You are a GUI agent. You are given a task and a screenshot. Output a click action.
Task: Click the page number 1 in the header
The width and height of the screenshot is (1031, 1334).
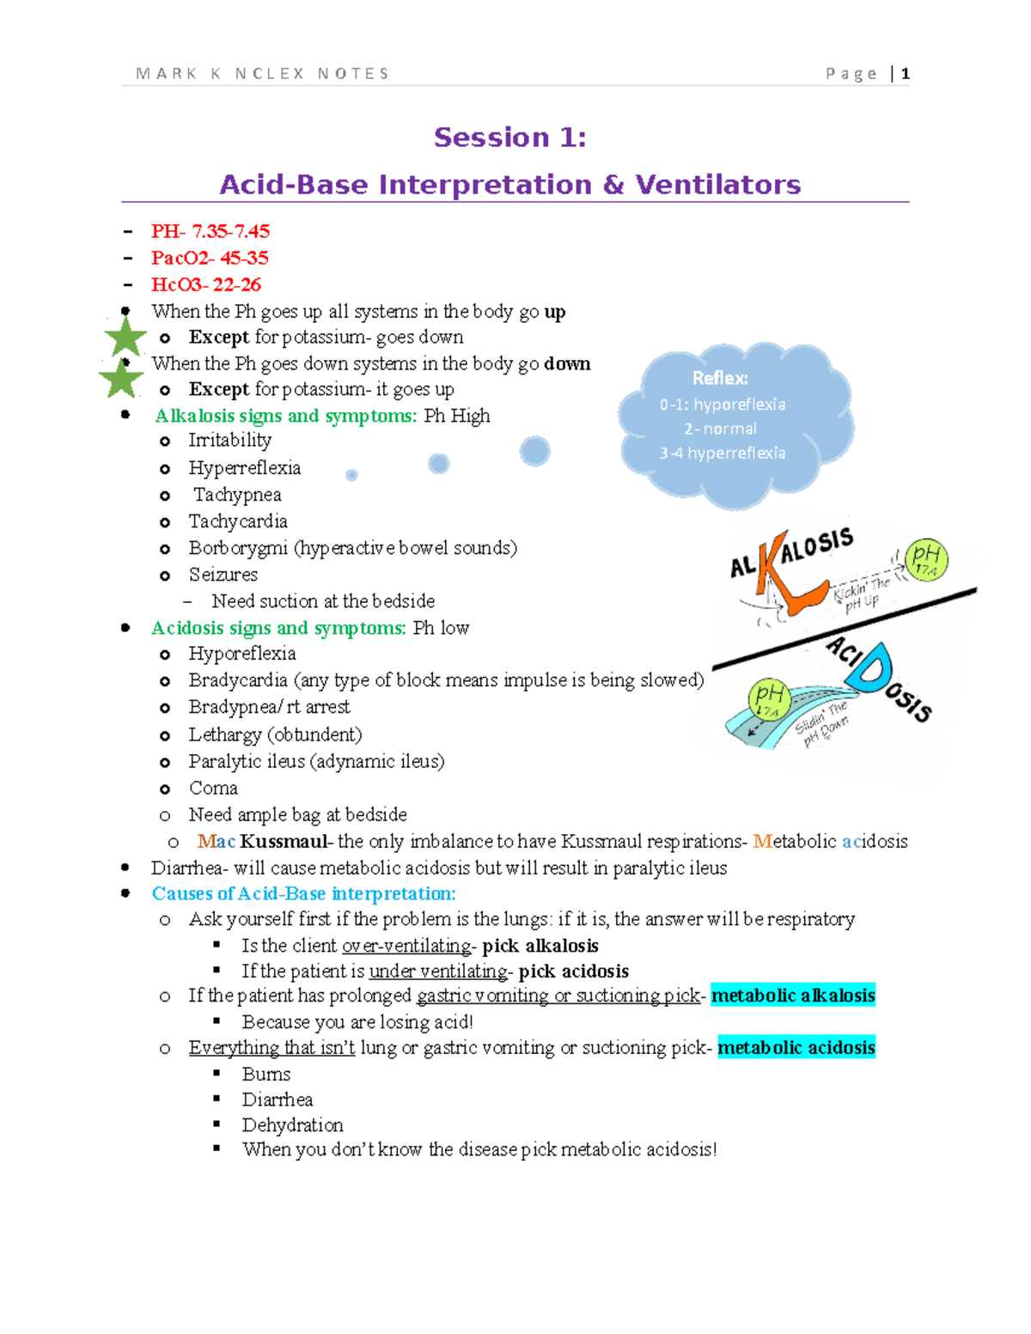coord(906,74)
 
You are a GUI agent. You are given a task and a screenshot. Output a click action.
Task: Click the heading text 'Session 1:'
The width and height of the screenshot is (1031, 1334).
coord(510,137)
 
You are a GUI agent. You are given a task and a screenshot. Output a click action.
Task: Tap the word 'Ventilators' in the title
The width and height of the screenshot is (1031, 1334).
coord(717,185)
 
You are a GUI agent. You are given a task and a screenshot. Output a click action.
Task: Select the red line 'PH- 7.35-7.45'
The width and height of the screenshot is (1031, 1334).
coord(210,231)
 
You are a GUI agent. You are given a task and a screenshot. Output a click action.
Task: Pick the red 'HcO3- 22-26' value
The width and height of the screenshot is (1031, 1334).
coord(205,284)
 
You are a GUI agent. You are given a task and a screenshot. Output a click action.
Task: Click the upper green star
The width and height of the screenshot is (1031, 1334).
coord(125,336)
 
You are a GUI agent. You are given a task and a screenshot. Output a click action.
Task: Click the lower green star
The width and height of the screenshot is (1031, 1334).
coord(121,378)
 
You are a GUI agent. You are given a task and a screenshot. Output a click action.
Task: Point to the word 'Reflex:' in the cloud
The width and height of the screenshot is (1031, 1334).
coord(720,378)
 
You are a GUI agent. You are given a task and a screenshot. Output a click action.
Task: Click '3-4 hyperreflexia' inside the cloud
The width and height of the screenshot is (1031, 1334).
coord(722,453)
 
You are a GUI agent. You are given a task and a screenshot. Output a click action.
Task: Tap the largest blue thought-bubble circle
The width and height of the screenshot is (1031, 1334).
coord(534,451)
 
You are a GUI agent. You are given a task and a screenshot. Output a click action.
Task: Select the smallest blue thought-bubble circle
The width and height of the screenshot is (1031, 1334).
coord(351,475)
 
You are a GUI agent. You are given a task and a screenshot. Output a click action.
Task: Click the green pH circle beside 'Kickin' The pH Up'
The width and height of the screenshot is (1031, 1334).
coord(926,560)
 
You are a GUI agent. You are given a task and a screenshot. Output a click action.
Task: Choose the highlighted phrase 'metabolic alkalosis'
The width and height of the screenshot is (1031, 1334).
coord(793,996)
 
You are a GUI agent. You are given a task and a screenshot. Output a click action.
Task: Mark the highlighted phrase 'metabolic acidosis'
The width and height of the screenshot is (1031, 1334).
coord(796,1047)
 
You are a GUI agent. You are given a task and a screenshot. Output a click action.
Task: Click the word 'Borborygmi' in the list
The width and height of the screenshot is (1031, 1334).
coord(238,548)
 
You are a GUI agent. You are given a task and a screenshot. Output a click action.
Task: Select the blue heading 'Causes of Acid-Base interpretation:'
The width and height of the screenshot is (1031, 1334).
coord(303,893)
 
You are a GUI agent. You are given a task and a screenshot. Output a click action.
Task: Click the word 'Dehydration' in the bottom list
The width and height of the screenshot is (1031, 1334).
coord(292,1124)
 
